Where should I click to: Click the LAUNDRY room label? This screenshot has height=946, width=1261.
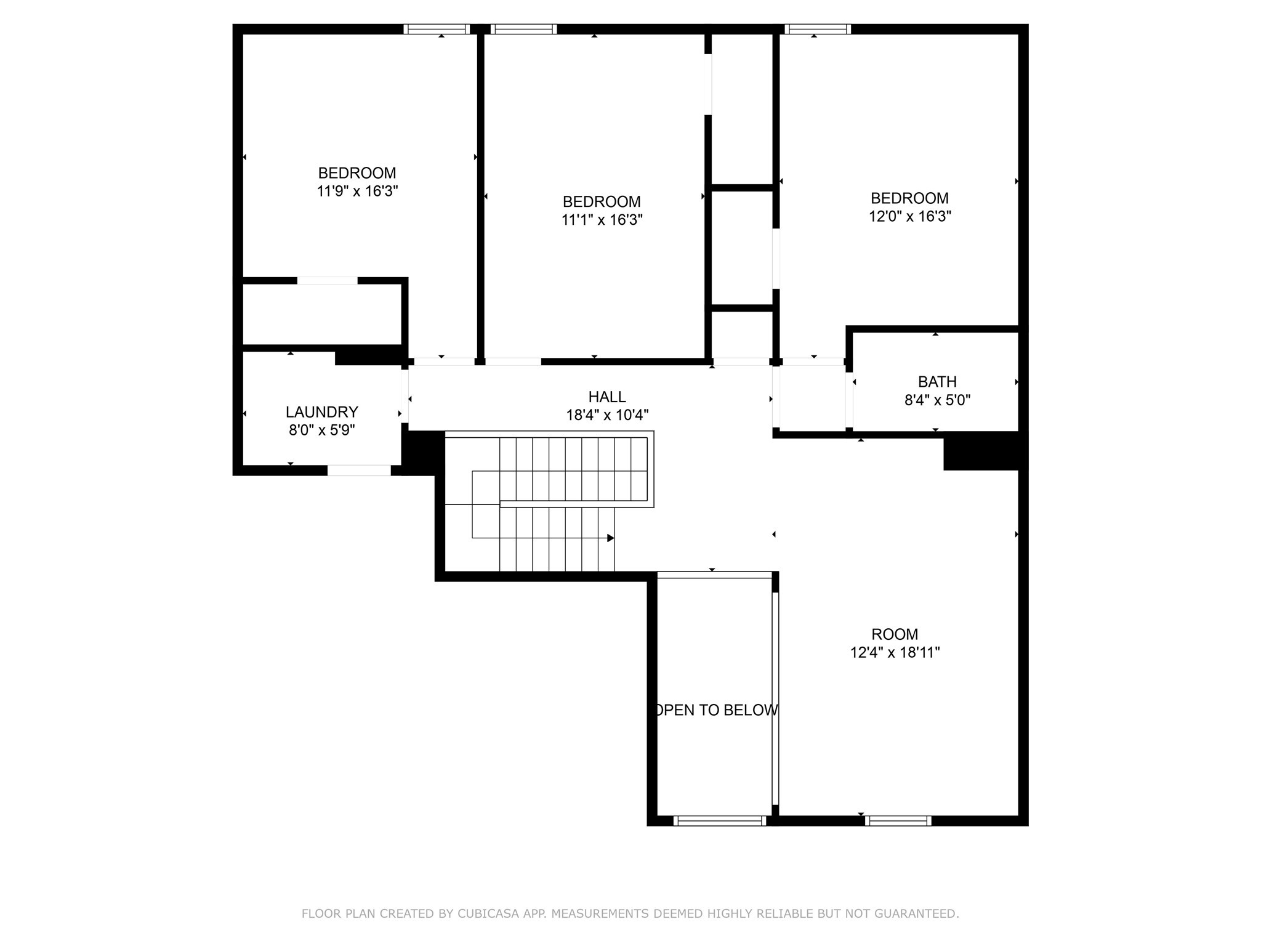click(321, 412)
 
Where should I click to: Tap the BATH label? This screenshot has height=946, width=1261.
click(937, 382)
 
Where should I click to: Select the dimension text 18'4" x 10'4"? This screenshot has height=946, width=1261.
click(607, 415)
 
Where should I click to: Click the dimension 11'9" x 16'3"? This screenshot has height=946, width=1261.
click(357, 191)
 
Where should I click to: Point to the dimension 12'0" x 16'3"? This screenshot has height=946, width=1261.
click(910, 216)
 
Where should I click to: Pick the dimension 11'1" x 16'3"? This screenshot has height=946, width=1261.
click(602, 220)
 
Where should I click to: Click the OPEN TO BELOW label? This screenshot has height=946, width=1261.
click(715, 710)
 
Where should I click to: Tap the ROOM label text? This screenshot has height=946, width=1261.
click(894, 634)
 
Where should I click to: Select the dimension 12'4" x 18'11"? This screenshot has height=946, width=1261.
click(895, 652)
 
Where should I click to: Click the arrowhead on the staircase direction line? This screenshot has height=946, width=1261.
click(610, 538)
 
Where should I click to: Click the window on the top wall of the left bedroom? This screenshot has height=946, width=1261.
click(437, 29)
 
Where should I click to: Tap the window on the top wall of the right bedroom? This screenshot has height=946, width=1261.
click(818, 29)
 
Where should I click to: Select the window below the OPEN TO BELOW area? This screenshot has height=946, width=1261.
click(719, 820)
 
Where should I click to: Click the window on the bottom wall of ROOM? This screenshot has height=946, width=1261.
click(898, 820)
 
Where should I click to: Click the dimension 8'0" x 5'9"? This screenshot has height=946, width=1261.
click(321, 430)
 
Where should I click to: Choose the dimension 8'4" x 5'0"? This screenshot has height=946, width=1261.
click(937, 400)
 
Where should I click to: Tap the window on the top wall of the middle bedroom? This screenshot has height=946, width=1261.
click(524, 29)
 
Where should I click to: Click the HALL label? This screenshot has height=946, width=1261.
click(607, 397)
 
